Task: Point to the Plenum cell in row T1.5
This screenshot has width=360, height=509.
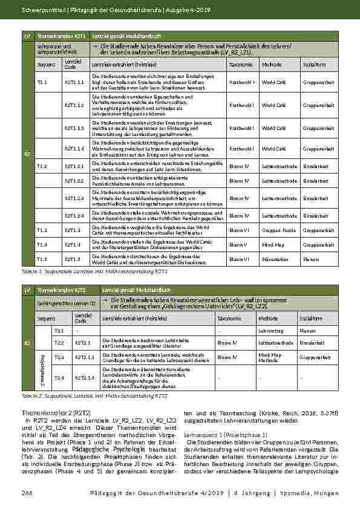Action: pos(312,259)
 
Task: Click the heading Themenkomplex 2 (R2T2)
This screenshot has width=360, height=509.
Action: pos(45,412)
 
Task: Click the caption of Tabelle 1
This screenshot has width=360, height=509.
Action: pos(90,272)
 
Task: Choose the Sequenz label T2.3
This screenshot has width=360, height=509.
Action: pos(59,357)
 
